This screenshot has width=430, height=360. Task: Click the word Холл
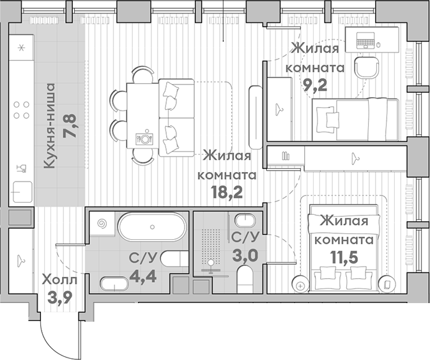[59, 279]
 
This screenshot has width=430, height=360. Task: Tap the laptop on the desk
[363, 40]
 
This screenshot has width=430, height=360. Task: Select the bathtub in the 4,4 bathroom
[153, 228]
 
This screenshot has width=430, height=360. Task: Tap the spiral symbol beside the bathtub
[102, 225]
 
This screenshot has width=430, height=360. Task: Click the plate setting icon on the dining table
[146, 136]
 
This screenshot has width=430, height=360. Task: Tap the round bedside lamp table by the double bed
[300, 283]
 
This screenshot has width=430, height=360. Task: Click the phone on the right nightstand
[387, 283]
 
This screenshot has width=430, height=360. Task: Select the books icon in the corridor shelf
[285, 155]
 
